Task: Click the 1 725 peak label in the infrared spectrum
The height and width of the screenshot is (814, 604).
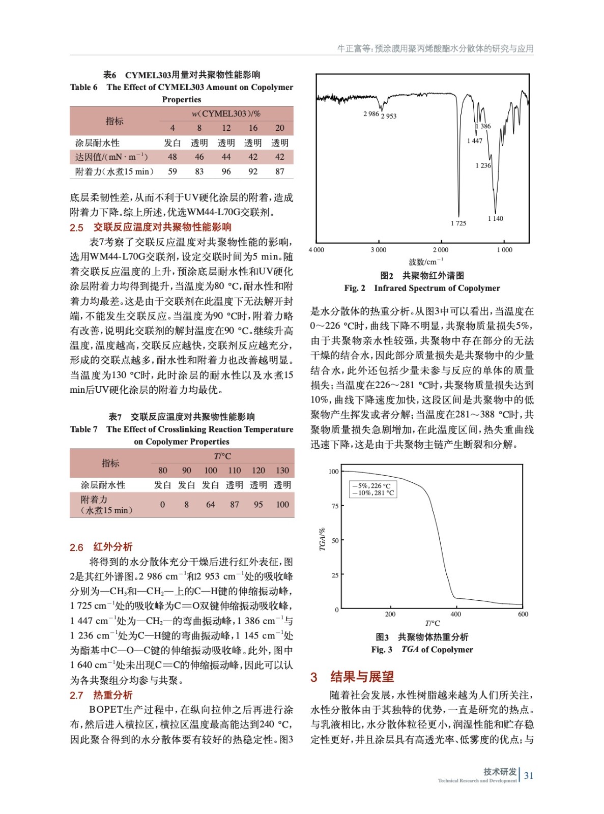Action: [x=458, y=223]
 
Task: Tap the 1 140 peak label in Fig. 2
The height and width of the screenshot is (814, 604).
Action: [x=495, y=218]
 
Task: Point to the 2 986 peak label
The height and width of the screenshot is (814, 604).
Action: [x=371, y=113]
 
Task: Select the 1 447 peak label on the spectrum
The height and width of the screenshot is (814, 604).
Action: [x=474, y=140]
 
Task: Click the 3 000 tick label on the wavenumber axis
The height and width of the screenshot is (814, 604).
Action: [x=378, y=250]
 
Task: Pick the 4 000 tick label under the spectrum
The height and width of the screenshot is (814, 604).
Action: [x=316, y=250]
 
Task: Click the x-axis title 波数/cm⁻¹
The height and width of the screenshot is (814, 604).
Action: [x=425, y=261]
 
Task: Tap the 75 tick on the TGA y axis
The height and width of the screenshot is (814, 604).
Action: [x=334, y=506]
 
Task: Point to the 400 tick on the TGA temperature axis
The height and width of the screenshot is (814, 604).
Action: [x=455, y=614]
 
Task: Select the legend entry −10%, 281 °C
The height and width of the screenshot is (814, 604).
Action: [x=373, y=492]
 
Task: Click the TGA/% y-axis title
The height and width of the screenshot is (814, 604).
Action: [x=322, y=539]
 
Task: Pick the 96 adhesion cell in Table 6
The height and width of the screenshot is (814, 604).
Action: [x=226, y=171]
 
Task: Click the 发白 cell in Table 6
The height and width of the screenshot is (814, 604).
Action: [x=172, y=143]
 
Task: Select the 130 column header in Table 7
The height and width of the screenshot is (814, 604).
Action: [x=282, y=470]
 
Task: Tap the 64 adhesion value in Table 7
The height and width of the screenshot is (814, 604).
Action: [x=210, y=504]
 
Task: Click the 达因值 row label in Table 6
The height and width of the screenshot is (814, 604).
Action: [x=111, y=157]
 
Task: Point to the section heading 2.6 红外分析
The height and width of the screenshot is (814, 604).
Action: [x=101, y=547]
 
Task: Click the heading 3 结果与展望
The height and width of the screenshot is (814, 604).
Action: [x=352, y=677]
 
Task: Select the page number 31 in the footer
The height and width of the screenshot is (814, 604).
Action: [x=529, y=775]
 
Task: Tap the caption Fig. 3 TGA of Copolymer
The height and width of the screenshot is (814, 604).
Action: [x=422, y=649]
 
